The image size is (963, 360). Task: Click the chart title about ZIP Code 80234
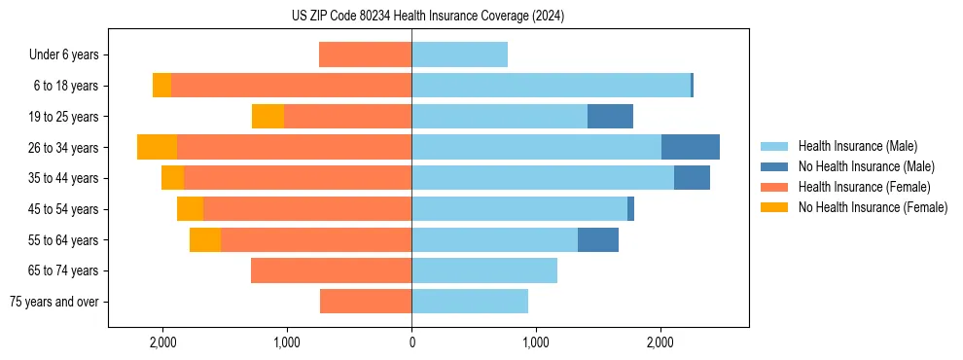pyautogui.click(x=428, y=17)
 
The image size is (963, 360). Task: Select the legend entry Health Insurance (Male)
pyautogui.click(x=857, y=146)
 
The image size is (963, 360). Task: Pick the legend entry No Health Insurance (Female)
pyautogui.click(x=873, y=207)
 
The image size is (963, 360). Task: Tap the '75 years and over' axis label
pyautogui.click(x=54, y=302)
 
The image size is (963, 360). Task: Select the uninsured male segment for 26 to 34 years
pyautogui.click(x=691, y=147)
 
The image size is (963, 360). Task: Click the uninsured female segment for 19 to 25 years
pyautogui.click(x=267, y=117)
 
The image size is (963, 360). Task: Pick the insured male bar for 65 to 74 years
pyautogui.click(x=484, y=270)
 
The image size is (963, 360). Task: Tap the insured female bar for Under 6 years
pyautogui.click(x=365, y=55)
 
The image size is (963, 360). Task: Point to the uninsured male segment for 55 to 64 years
pyautogui.click(x=598, y=239)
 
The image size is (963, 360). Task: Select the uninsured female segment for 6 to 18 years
pyautogui.click(x=161, y=86)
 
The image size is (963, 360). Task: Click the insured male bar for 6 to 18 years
pyautogui.click(x=551, y=86)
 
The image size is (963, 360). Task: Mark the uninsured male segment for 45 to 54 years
pyautogui.click(x=630, y=209)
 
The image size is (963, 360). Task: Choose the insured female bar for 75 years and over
pyautogui.click(x=366, y=302)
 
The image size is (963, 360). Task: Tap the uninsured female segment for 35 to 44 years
pyautogui.click(x=172, y=178)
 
